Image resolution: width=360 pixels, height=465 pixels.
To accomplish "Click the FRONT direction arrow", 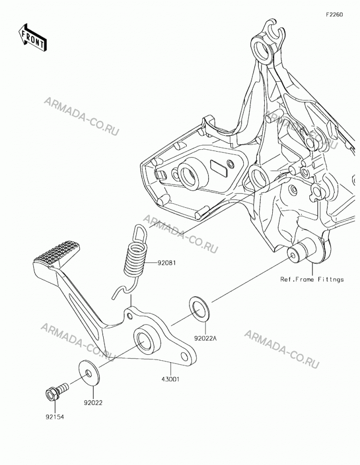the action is [33, 37].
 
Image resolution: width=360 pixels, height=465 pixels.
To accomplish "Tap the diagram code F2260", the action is [334, 14].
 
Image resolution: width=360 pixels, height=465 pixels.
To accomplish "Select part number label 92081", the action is [166, 263].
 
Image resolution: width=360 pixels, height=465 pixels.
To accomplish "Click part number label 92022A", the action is [206, 338].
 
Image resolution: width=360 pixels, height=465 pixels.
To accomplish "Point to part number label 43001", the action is [170, 379].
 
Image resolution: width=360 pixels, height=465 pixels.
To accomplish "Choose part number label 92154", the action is [55, 417].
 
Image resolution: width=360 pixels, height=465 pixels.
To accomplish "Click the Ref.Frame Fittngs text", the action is [312, 279].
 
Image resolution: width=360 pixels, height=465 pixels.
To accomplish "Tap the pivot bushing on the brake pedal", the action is [147, 338].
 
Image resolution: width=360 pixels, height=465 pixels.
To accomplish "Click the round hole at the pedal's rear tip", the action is [185, 356].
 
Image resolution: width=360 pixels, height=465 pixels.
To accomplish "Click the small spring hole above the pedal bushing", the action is [129, 315].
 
